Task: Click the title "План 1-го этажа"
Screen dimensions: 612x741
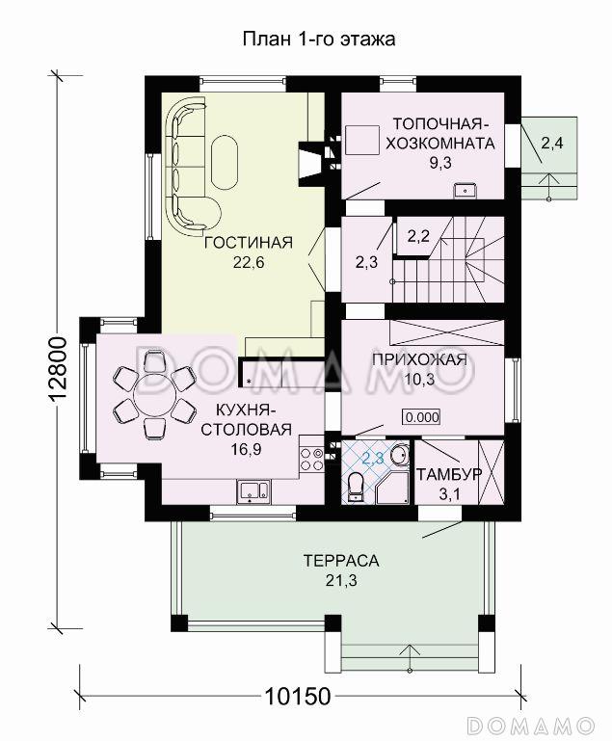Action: point(319,40)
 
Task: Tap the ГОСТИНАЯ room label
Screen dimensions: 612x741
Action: point(249,243)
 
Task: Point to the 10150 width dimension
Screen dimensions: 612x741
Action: point(297,696)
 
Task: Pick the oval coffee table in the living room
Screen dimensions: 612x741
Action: point(225,161)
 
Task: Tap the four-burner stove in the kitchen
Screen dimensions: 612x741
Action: point(312,460)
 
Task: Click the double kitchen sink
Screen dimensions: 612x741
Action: point(253,490)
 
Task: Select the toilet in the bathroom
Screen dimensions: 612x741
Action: point(356,487)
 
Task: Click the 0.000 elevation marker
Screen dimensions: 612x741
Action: point(421,417)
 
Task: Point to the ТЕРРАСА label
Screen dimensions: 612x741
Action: point(341,561)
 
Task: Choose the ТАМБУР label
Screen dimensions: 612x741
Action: point(449,474)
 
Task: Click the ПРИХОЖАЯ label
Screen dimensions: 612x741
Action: point(419,359)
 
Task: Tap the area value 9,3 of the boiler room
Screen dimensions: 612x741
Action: point(440,163)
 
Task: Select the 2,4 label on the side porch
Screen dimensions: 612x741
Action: point(552,143)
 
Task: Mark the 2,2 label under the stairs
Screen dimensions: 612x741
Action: point(418,236)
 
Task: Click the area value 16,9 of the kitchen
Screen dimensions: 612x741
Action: point(246,449)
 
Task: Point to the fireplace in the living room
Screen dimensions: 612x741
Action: point(309,161)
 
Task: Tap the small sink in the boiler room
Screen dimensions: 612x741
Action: point(466,191)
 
